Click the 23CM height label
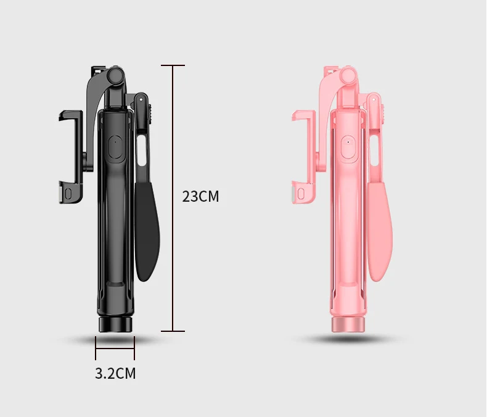(x=200, y=196)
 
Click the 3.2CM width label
(x=115, y=373)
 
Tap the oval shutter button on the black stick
(x=117, y=148)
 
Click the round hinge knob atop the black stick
(x=116, y=75)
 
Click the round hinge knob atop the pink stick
(x=348, y=75)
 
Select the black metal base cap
(x=115, y=324)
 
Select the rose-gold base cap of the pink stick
(x=348, y=324)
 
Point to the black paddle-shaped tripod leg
(x=147, y=231)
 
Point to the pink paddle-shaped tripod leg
(x=380, y=231)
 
